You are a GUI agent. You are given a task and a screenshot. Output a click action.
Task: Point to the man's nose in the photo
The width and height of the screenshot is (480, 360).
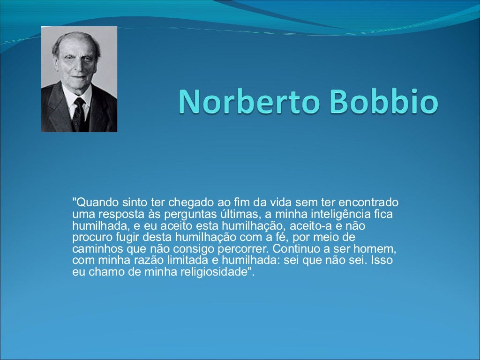(78, 63)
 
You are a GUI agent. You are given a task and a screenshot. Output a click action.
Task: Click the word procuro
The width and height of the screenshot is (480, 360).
(90, 238)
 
